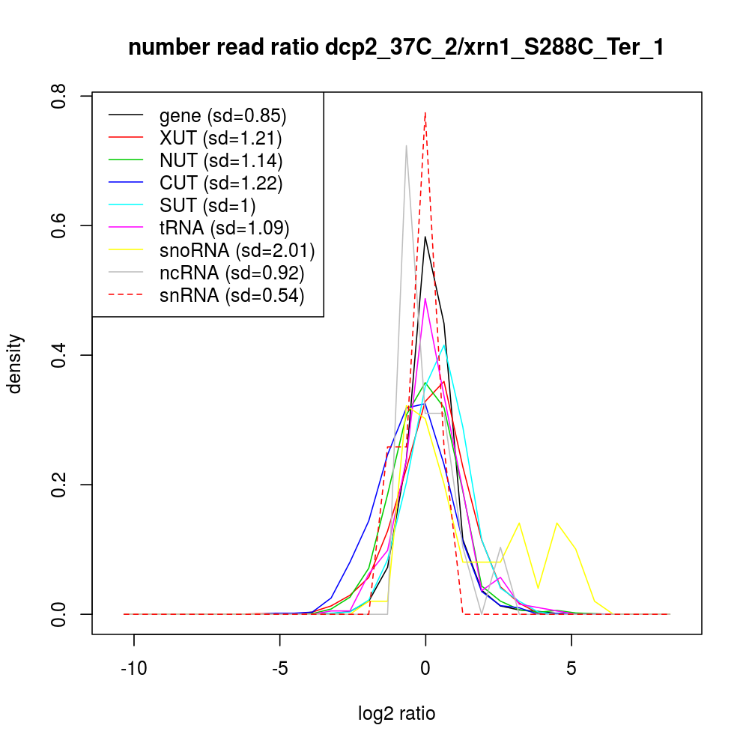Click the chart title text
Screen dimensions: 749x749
pos(396,48)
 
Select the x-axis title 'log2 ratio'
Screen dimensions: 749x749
pos(396,714)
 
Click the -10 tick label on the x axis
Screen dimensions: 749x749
pos(134,667)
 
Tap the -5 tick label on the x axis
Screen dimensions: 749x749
pos(279,667)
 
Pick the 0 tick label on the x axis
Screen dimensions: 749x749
pos(425,667)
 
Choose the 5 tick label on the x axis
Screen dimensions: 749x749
pos(571,667)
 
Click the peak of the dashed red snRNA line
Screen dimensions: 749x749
pos(425,112)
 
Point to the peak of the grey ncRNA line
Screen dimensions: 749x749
pos(407,145)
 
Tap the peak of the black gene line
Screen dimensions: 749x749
pos(425,237)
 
